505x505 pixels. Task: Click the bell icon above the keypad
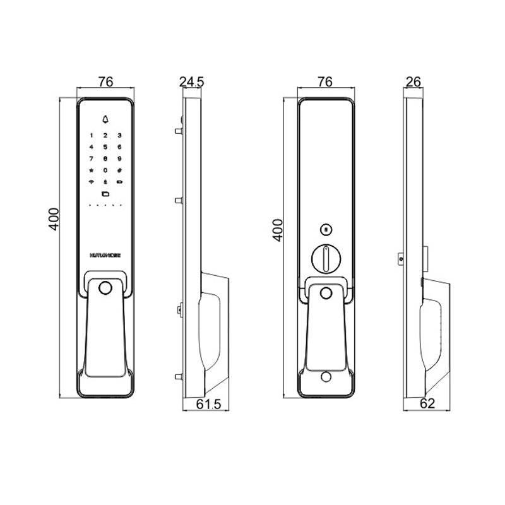point(105,119)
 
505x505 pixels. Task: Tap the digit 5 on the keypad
point(105,146)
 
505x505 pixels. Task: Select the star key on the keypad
point(92,170)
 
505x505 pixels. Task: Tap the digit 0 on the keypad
point(105,170)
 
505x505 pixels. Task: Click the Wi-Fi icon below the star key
point(92,182)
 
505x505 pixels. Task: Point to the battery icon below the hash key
point(119,182)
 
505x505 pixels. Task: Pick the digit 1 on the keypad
point(92,135)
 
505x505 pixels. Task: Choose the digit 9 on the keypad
point(119,158)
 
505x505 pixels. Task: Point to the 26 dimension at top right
point(414,81)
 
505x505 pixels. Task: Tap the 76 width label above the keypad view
point(105,81)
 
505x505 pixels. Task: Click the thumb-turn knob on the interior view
point(324,257)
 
